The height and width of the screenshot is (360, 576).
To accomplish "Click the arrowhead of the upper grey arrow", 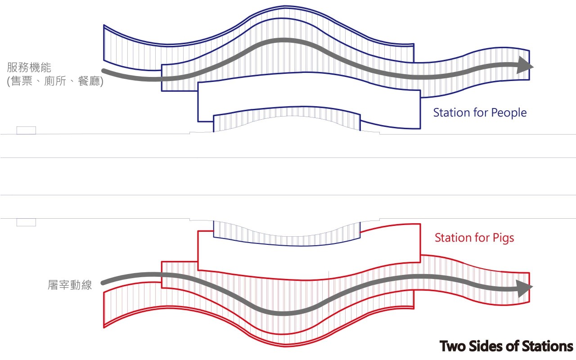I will tap(525, 66).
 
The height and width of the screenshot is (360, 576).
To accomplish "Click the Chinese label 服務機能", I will tap(29, 68).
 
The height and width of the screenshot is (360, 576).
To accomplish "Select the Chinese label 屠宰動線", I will tap(70, 285).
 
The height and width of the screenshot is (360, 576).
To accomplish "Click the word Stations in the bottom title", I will tap(547, 346).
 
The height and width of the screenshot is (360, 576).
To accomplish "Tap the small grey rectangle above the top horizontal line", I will tap(26, 130).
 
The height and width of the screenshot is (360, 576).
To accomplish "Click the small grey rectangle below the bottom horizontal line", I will tap(26, 222).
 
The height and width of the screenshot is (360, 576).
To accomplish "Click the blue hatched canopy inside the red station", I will tap(287, 234).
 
